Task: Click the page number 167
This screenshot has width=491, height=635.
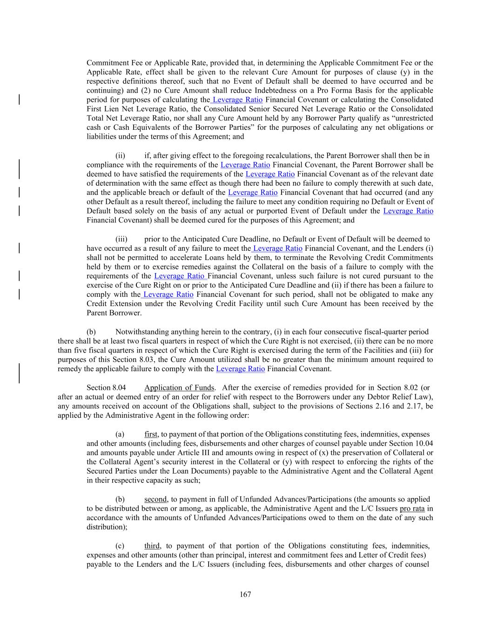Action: pyautogui.click(x=245, y=594)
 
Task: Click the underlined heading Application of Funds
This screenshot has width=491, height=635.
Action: pyautogui.click(x=179, y=388)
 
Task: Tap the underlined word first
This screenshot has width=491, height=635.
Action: pyautogui.click(x=151, y=434)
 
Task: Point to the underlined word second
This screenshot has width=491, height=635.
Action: pyautogui.click(x=155, y=499)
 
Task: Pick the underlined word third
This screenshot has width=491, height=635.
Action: pyautogui.click(x=152, y=546)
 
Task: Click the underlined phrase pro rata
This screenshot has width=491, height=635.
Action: pyautogui.click(x=412, y=508)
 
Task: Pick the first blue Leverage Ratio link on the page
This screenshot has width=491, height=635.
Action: pyautogui.click(x=237, y=100)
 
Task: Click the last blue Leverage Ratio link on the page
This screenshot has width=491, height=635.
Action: pyautogui.click(x=241, y=369)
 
